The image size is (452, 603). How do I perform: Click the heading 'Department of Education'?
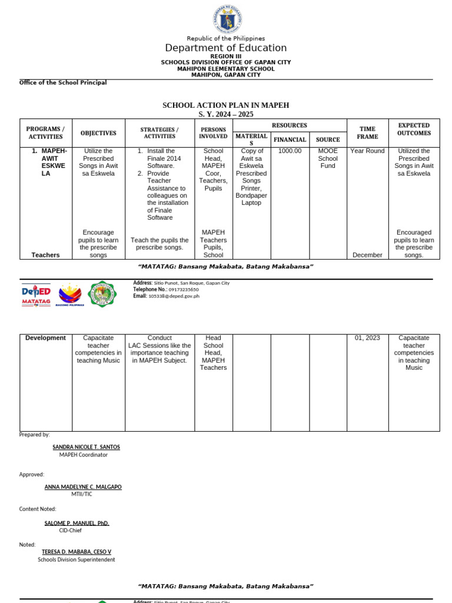click(x=226, y=48)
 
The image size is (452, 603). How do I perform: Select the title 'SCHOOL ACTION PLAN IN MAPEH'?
click(x=226, y=105)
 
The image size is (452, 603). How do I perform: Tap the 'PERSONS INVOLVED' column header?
click(x=213, y=133)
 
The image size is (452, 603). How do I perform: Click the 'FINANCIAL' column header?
click(x=289, y=140)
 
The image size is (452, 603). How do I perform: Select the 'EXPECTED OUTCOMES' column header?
click(x=414, y=130)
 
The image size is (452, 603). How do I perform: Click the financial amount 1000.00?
click(x=289, y=151)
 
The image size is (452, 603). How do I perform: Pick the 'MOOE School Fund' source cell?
click(x=328, y=158)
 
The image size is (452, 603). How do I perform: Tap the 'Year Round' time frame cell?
click(x=367, y=151)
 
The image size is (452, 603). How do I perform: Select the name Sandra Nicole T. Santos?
click(x=86, y=447)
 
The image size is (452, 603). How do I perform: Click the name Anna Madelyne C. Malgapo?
click(x=83, y=487)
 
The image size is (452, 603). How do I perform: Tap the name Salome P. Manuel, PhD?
click(x=77, y=523)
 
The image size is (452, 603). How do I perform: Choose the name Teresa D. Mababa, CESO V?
click(x=77, y=552)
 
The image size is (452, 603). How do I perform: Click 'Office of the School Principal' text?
click(x=63, y=83)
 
